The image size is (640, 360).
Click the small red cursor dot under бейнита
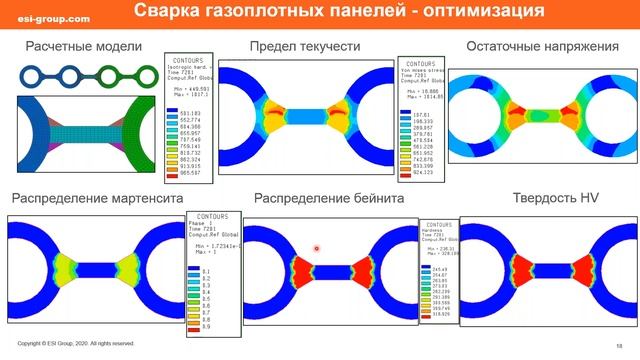(x=316, y=248)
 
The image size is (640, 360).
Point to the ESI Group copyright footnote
(x=75, y=343)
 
